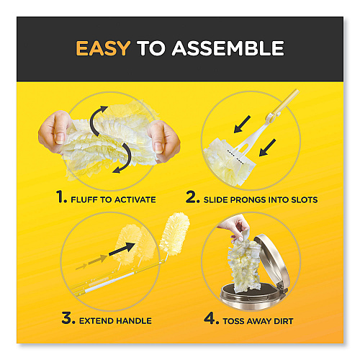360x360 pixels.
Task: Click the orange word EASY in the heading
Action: (x=103, y=48)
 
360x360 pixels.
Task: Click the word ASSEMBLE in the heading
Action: (x=228, y=48)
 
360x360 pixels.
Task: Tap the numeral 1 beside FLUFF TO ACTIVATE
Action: (x=61, y=197)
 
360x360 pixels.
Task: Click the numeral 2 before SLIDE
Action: (x=192, y=197)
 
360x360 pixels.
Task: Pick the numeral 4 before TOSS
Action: (x=211, y=318)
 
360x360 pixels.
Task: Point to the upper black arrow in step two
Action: (x=242, y=124)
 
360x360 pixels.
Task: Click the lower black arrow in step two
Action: (x=267, y=148)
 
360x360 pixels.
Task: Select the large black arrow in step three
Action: (x=122, y=249)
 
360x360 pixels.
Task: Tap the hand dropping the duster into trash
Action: (x=234, y=228)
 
